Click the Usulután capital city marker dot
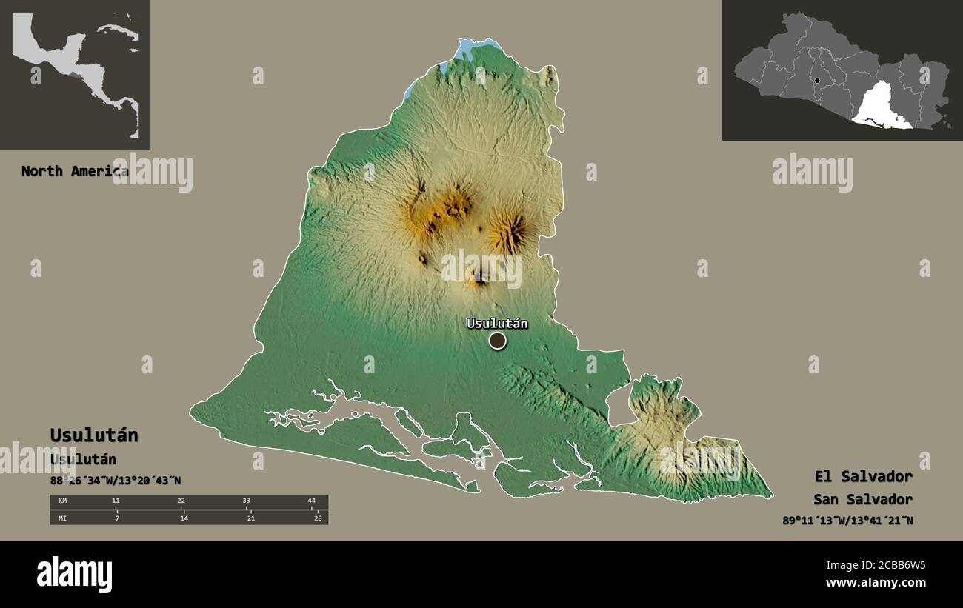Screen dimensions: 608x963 [x=497, y=341]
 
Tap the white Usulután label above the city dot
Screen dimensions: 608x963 [x=496, y=323]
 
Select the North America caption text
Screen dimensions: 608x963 [x=74, y=171]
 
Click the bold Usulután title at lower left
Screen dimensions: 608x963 [x=94, y=435]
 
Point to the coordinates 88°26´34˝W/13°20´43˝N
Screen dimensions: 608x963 [x=115, y=481]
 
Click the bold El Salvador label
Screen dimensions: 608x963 [x=863, y=476]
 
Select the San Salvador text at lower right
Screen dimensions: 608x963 [x=862, y=499]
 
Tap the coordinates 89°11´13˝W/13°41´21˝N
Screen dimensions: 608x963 [x=847, y=521]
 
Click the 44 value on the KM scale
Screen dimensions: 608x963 [x=311, y=501]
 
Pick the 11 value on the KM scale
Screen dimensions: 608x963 [x=116, y=501]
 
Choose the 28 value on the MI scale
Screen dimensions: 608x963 [x=316, y=518]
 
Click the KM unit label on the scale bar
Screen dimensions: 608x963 [x=63, y=501]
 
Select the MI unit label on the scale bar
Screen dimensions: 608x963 [x=63, y=518]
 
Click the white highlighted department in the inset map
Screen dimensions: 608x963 [x=883, y=107]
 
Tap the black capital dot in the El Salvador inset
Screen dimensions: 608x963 [x=816, y=81]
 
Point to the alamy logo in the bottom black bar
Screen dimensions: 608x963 [x=74, y=575]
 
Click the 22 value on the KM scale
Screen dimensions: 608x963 [x=181, y=501]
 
